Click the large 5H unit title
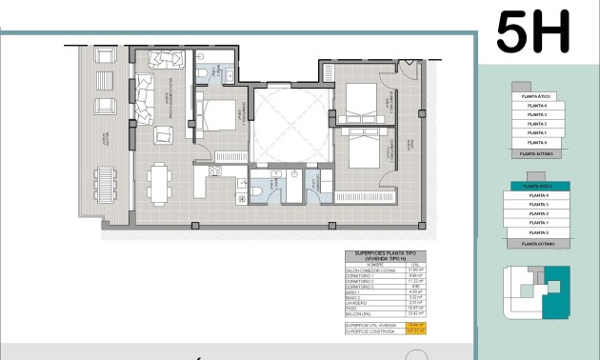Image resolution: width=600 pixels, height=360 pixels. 533,31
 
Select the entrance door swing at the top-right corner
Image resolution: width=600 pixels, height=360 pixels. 408,70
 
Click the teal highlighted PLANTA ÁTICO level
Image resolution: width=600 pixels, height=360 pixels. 538,187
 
